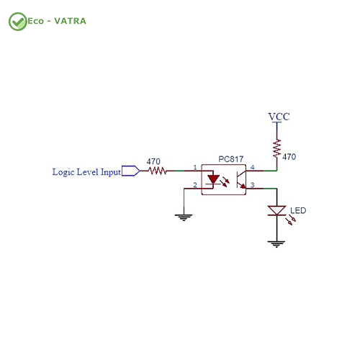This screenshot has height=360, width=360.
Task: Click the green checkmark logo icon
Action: point(17,22)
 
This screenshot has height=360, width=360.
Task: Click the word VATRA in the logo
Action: point(70,21)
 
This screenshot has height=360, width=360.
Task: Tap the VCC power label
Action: point(279,117)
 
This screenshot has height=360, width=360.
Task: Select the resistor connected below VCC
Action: point(277,148)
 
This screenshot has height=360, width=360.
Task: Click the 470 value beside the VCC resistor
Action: point(289,157)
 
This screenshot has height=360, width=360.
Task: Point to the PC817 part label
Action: point(231,159)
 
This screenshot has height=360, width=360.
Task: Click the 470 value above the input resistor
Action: point(153,161)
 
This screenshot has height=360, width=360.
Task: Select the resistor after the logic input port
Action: point(157,171)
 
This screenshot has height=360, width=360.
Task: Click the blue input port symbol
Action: point(130,171)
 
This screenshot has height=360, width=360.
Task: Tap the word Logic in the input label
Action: point(63,172)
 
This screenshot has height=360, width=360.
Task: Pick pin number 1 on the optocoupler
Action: point(195,167)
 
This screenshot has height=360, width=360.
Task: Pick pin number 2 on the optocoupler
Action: point(195,185)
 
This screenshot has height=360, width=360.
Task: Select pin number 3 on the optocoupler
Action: point(252,185)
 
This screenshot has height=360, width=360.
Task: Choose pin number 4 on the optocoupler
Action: point(252,167)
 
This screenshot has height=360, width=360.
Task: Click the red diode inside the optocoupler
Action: point(213,179)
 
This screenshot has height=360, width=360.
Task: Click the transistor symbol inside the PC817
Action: point(241,179)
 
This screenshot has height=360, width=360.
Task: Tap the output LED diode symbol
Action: point(276,211)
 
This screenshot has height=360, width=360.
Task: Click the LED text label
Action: point(298,210)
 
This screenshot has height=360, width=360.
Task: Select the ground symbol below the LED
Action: point(276,244)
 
